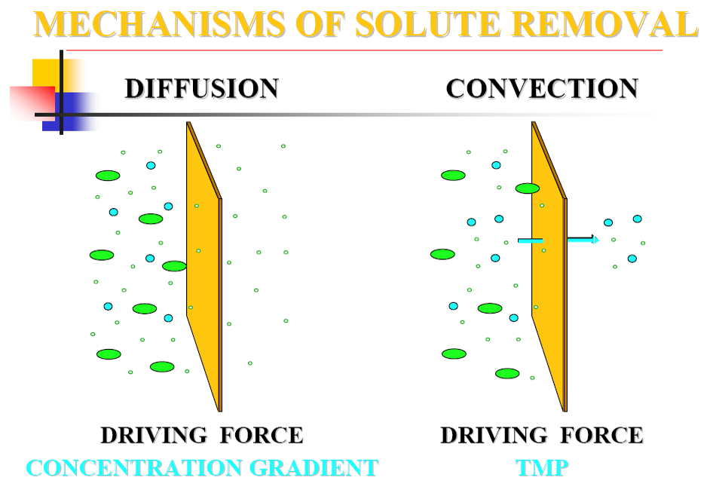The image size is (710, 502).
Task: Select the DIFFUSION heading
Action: coord(202,89)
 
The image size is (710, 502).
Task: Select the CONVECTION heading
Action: coord(542,89)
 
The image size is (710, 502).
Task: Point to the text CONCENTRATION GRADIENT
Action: coord(202,468)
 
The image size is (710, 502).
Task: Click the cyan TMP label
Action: coord(542,468)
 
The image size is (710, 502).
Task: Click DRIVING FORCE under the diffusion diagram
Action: coord(202,436)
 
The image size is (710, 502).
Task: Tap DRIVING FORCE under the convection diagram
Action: coord(542,436)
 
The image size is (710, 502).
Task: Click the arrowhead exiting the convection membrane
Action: coord(595,240)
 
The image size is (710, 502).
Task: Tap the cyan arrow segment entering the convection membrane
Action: coord(530,240)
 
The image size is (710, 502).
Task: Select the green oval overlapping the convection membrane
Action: coord(528,188)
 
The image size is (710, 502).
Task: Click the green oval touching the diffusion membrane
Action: coord(174,266)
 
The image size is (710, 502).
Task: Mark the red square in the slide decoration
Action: coord(32,103)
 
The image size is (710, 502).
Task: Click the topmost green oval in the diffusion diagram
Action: coord(108,176)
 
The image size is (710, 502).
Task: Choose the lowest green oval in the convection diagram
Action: coord(507,373)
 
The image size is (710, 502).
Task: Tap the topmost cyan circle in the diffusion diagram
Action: coord(151,165)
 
